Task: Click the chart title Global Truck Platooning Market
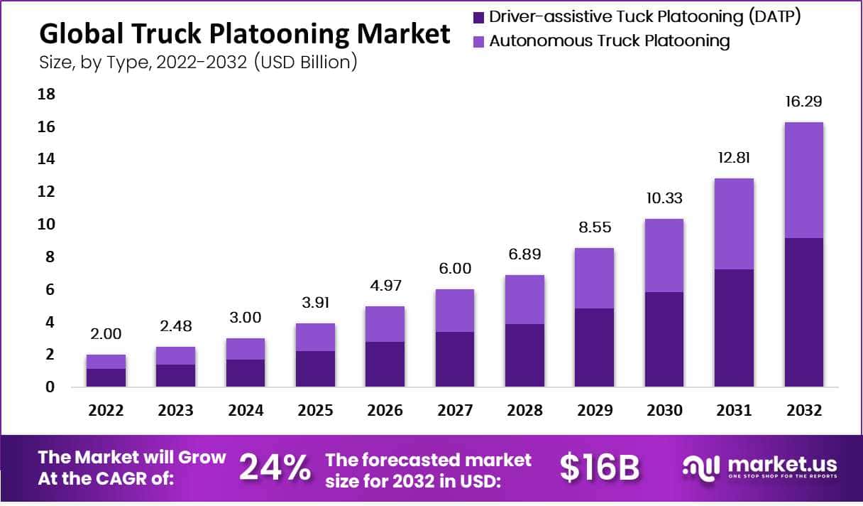[244, 33]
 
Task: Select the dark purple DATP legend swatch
[478, 17]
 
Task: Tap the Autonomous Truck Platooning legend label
[610, 41]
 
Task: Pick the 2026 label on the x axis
[385, 411]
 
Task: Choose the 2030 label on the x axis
[665, 411]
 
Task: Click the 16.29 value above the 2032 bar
[803, 102]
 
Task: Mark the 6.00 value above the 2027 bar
[454, 269]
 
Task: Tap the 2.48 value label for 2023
[175, 326]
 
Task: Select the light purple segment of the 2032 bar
[803, 180]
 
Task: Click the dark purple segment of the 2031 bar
[734, 328]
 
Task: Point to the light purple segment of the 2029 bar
[594, 278]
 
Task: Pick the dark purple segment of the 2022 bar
[106, 377]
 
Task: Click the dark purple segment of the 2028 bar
[524, 355]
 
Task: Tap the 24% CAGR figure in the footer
[275, 468]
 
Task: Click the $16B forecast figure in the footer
[600, 468]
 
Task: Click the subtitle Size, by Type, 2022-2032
[198, 62]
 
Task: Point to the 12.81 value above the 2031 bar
[734, 157]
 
